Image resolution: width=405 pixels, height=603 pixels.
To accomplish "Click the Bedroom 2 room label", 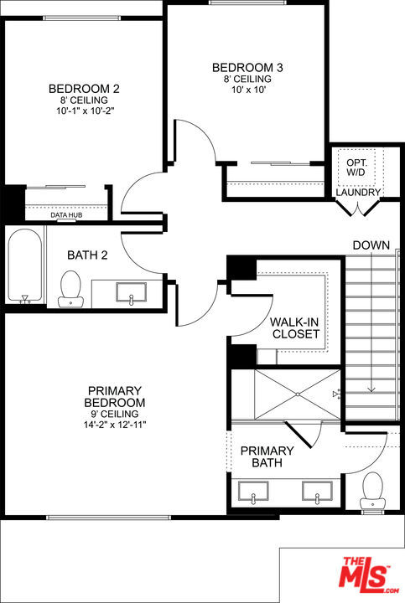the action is [84, 89].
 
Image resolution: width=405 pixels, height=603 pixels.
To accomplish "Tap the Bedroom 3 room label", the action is [247, 68].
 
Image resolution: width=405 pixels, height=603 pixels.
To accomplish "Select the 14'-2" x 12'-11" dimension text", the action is [115, 425].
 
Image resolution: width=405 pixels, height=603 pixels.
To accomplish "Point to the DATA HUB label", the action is [66, 215].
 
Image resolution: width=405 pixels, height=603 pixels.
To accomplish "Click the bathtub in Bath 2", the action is [25, 266].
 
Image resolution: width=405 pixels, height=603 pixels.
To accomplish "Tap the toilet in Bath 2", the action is [70, 289].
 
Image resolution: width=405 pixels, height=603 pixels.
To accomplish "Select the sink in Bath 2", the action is [132, 292].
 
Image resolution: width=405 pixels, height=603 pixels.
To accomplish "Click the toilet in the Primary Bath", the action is [372, 492].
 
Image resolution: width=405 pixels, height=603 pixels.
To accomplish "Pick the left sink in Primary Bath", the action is [253, 491].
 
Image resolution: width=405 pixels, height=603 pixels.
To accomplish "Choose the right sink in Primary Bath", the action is [317, 491].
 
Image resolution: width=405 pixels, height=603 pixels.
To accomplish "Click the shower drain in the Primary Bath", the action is [298, 394].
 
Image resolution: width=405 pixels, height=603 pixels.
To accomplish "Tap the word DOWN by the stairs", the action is [371, 245].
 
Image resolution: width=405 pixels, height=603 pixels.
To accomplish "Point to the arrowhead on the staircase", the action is [371, 389].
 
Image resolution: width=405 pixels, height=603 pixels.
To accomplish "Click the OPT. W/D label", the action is [356, 167].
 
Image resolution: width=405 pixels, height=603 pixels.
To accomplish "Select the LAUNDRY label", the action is [358, 192].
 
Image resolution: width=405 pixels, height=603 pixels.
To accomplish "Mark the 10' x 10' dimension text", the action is [249, 90].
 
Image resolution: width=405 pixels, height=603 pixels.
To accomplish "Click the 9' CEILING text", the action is [115, 414].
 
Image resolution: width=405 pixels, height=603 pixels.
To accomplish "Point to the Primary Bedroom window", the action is [108, 518].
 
